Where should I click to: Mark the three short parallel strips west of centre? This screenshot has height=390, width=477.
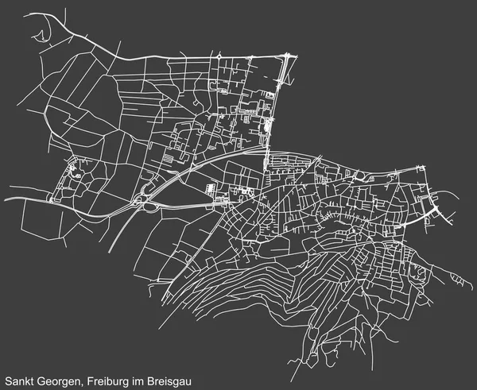point(169,158)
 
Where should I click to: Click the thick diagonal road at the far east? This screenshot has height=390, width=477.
point(436,210)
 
